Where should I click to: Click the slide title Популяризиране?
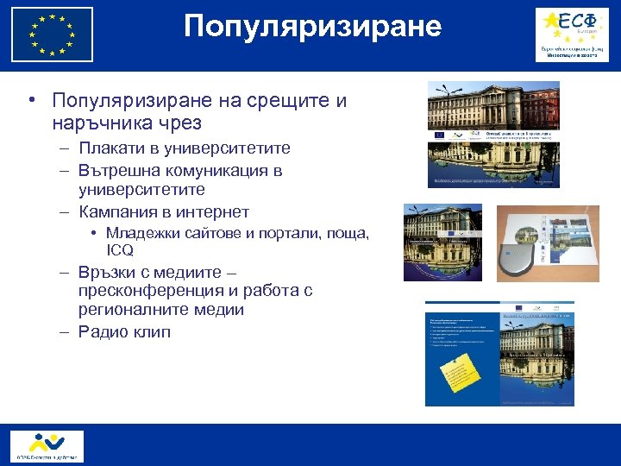[x=312, y=27]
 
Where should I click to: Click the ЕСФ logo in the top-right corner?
[x=570, y=35]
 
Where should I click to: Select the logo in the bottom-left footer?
[x=47, y=445]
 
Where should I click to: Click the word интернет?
[x=215, y=211]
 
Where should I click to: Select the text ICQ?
[x=120, y=251]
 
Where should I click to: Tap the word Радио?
[x=101, y=331]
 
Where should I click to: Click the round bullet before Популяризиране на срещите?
[x=31, y=101]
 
